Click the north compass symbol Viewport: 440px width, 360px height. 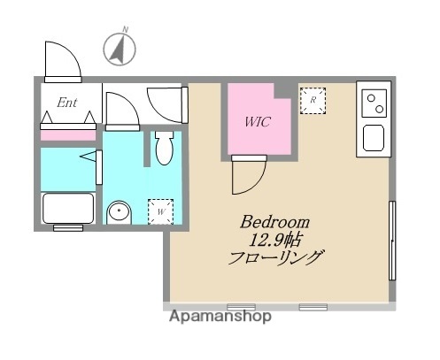(x=118, y=48)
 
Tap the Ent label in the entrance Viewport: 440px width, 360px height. (x=67, y=103)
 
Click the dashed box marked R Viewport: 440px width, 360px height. (x=313, y=102)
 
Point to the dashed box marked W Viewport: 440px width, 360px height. (x=161, y=211)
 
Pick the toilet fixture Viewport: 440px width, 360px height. (x=163, y=150)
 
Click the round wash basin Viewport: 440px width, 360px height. (x=119, y=212)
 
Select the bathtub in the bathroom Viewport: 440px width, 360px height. (x=69, y=210)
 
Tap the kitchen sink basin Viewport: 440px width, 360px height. (x=373, y=137)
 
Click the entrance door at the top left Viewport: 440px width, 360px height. (x=62, y=60)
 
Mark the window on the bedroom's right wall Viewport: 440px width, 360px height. (x=390, y=239)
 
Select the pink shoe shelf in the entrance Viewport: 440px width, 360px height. (x=68, y=134)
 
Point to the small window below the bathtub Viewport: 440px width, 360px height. (x=67, y=228)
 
